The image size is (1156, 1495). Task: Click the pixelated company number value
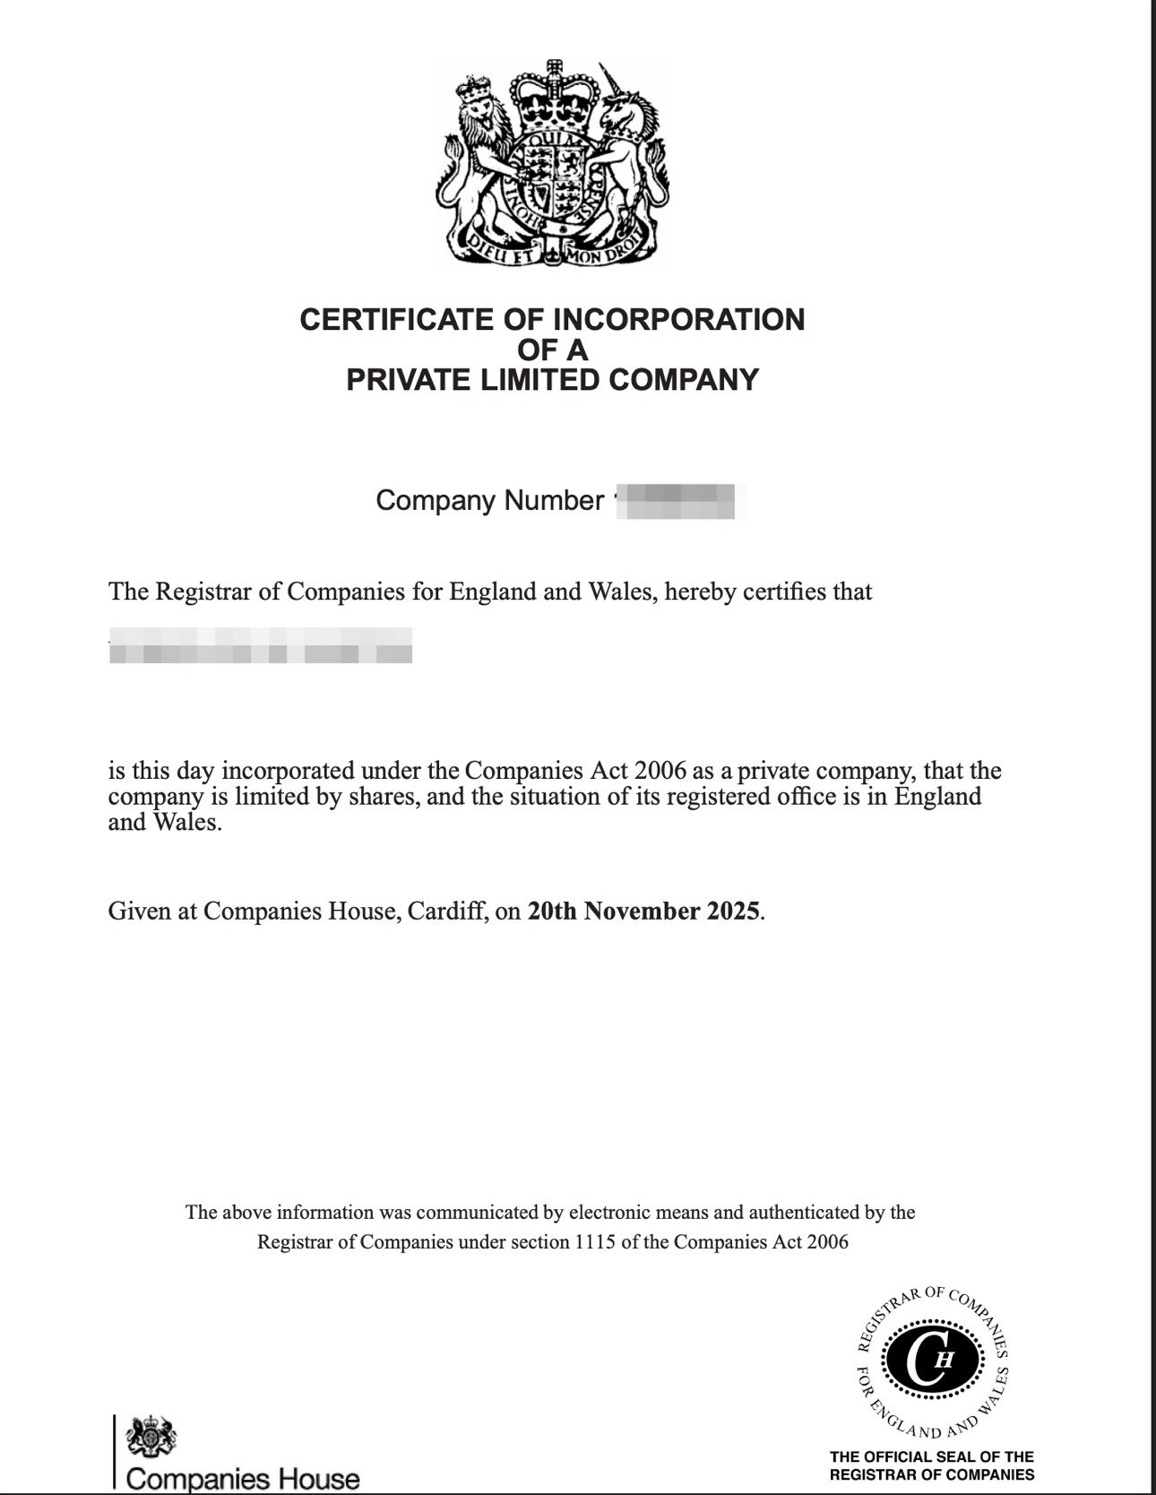681,500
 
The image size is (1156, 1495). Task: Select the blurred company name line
260,645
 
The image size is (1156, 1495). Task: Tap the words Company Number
489,500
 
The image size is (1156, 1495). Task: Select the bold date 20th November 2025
644,912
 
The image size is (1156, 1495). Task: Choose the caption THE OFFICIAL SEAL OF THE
932,1456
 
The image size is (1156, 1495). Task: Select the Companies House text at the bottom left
243,1479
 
